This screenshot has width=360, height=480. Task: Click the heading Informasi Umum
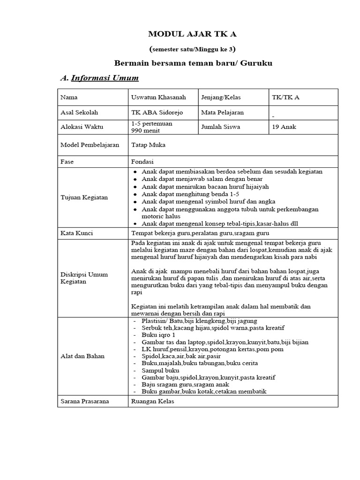pyautogui.click(x=105, y=78)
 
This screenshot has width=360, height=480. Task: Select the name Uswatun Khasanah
pyautogui.click(x=158, y=97)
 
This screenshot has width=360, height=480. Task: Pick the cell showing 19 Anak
pyautogui.click(x=284, y=127)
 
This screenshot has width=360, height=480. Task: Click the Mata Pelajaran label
pyautogui.click(x=222, y=112)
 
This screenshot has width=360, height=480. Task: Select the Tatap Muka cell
pyautogui.click(x=149, y=145)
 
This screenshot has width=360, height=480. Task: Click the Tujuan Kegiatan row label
pyautogui.click(x=84, y=197)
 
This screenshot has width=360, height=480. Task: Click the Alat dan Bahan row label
pyautogui.click(x=82, y=356)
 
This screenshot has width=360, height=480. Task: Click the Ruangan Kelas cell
pyautogui.click(x=153, y=401)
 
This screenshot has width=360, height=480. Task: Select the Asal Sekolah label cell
pyautogui.click(x=79, y=112)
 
